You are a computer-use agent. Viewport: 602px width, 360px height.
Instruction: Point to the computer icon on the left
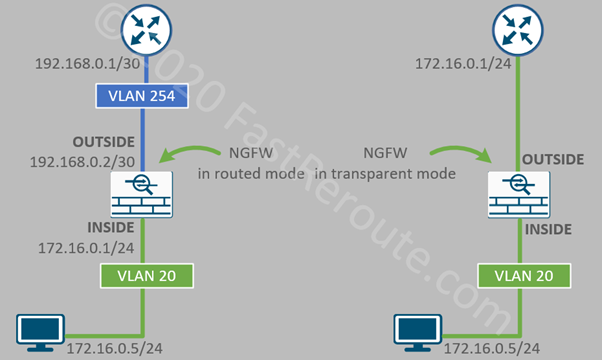click(41, 329)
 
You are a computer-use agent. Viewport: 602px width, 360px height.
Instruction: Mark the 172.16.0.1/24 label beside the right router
click(457, 64)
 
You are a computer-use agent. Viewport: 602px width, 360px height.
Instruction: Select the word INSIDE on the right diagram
click(548, 229)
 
